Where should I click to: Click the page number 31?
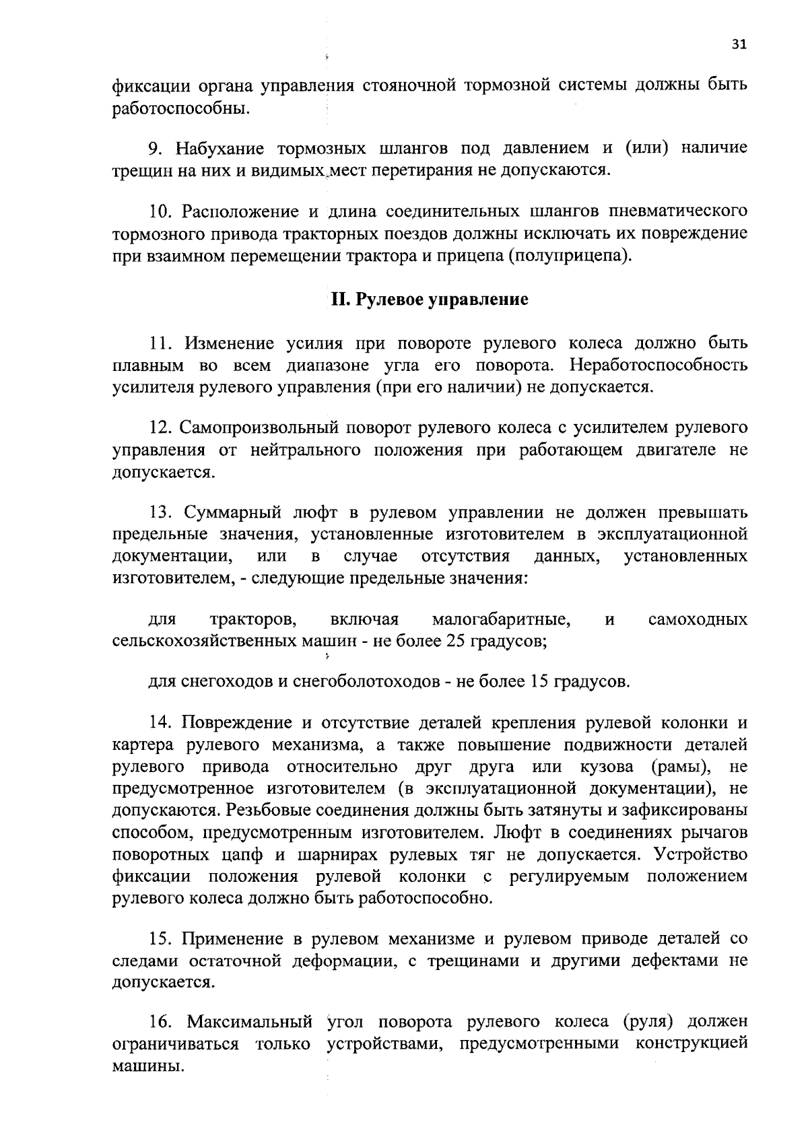coord(739,44)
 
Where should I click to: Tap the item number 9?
coord(153,148)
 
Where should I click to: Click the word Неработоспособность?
coord(658,366)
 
